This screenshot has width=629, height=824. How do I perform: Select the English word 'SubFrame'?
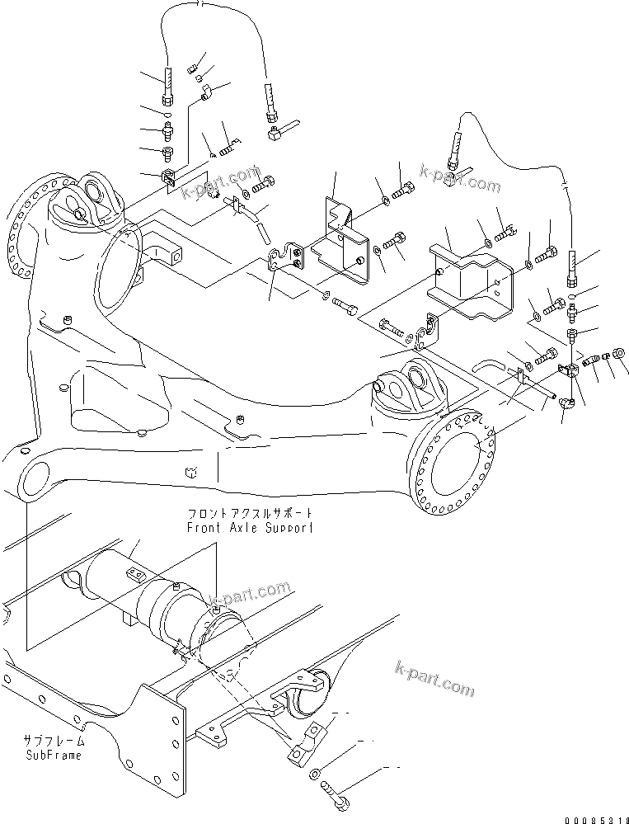pos(54,756)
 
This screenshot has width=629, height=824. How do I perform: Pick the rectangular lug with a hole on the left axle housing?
pos(165,252)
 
